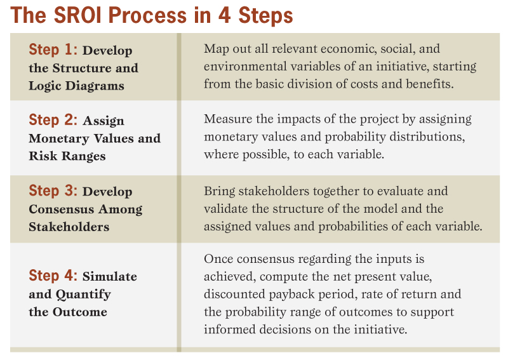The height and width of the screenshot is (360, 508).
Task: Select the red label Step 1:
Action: (x=53, y=50)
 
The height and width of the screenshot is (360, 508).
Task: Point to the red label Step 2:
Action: (x=53, y=120)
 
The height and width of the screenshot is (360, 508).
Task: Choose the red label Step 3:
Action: (x=53, y=190)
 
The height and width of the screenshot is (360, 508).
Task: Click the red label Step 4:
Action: (x=53, y=276)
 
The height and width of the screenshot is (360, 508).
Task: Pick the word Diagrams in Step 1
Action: (x=95, y=86)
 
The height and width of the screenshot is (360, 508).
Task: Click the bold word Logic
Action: (x=45, y=86)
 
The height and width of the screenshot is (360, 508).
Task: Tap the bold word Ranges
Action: (x=84, y=156)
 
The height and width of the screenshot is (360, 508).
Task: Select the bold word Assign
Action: (x=104, y=121)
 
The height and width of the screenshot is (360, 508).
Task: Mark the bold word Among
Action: (x=120, y=210)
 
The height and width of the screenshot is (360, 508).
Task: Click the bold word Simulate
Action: (x=110, y=276)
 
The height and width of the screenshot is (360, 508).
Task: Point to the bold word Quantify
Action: (x=83, y=295)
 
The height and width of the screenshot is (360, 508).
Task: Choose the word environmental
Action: (x=245, y=67)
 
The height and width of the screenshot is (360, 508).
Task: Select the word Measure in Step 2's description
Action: (x=228, y=119)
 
